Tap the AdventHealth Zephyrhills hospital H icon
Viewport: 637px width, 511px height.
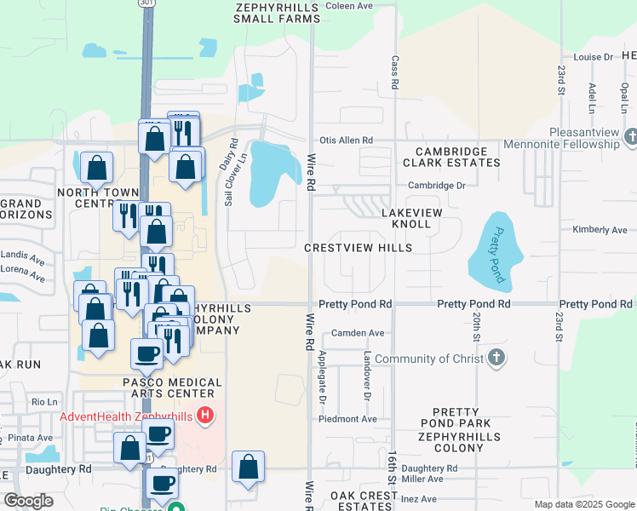[204, 416]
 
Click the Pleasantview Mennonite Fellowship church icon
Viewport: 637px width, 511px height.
[630, 137]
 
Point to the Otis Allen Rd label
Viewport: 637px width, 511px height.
[346, 141]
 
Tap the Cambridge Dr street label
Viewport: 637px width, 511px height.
[437, 186]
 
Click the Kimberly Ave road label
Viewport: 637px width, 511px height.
[600, 230]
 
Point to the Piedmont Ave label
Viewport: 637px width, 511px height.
[347, 419]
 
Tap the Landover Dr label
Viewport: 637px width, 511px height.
[368, 376]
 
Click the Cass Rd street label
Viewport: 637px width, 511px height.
[395, 74]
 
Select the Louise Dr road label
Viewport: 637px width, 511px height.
[593, 57]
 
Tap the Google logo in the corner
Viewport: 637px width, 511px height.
[28, 500]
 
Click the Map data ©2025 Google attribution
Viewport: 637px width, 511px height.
[583, 504]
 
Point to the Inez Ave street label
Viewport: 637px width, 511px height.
[417, 499]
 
